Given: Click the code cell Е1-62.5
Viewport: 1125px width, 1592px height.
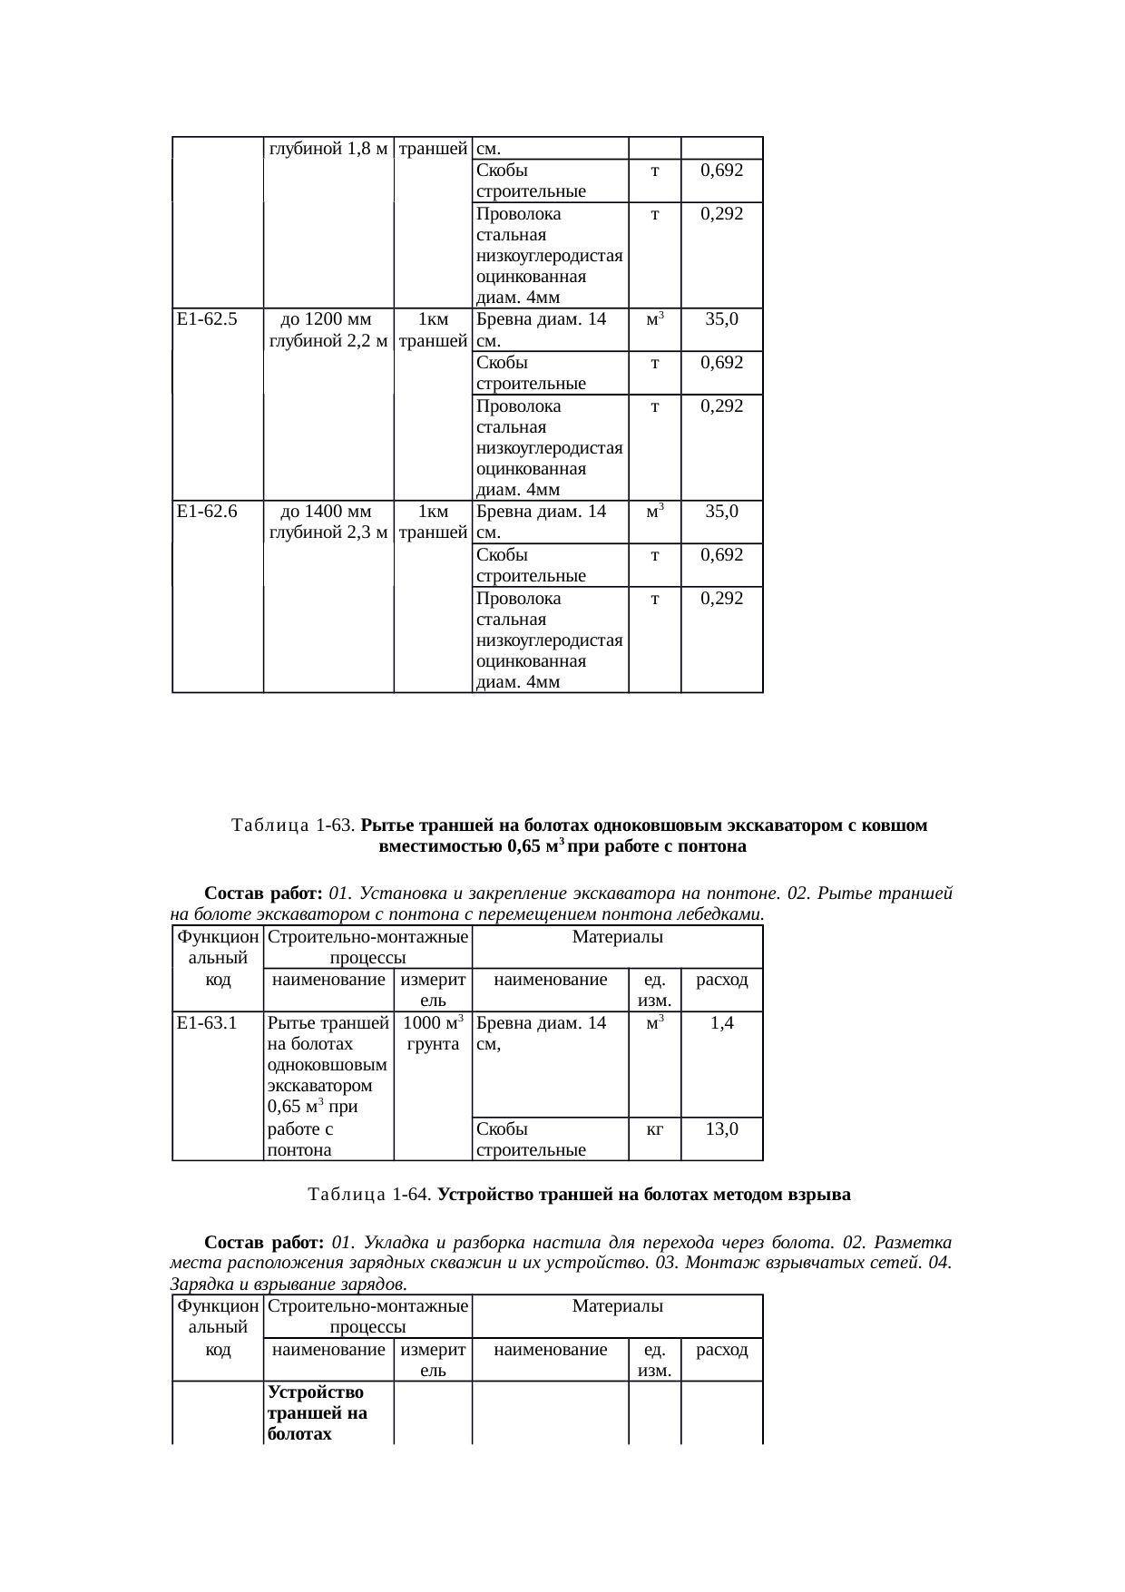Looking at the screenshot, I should [208, 319].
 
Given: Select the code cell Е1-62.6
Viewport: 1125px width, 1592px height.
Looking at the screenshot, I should [208, 512].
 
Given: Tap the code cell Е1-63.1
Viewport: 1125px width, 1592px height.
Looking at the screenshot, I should [208, 1023].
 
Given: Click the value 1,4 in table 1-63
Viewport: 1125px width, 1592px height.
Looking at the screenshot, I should [722, 1023].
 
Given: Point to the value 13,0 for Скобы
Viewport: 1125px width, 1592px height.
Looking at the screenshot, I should [722, 1129].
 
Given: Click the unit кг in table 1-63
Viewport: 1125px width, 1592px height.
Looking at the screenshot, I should [654, 1129].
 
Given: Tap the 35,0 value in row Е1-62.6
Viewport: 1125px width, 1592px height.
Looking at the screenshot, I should [722, 512].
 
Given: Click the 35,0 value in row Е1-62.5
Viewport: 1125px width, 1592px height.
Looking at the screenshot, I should [722, 319].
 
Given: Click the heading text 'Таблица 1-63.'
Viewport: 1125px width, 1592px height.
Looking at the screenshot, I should [294, 825].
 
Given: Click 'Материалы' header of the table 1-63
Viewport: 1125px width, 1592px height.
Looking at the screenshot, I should [617, 936].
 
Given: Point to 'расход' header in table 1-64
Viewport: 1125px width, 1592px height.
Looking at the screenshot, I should [722, 1350].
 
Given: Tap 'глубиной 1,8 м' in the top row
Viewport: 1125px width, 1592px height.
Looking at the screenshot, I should [328, 148].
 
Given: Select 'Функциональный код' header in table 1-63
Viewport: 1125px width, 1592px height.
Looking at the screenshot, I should [218, 957].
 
